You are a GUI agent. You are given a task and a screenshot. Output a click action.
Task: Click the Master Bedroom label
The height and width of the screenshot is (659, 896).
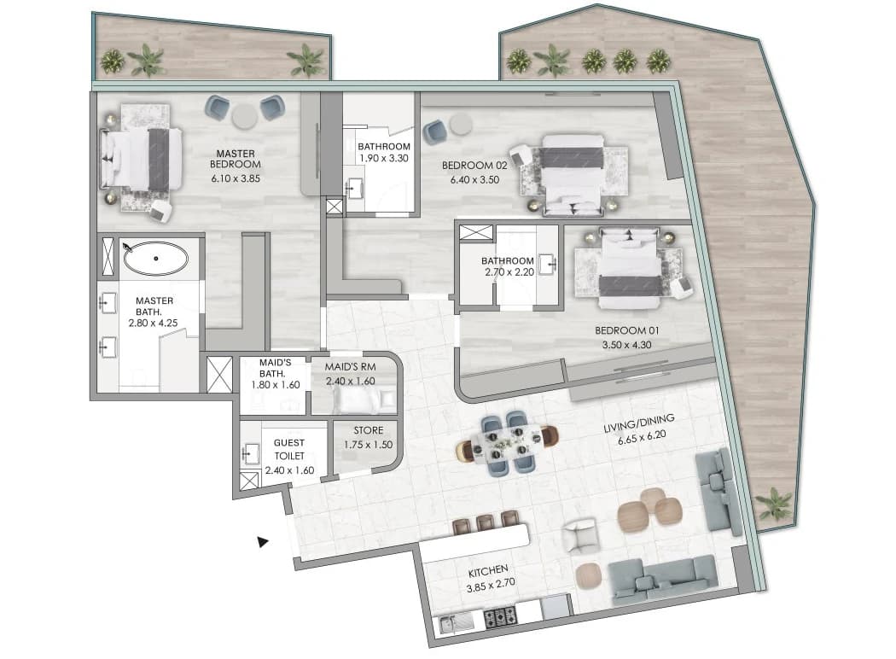pyautogui.click(x=236, y=159)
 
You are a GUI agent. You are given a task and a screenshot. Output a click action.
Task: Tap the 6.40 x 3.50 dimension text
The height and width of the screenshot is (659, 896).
pyautogui.click(x=474, y=179)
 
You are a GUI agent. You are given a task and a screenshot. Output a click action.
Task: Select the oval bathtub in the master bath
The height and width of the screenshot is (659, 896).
pyautogui.click(x=155, y=259)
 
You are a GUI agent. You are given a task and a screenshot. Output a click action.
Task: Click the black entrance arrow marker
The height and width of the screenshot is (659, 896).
pyautogui.click(x=262, y=541)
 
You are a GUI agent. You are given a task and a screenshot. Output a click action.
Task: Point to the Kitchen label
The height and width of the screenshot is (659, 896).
pyautogui.click(x=488, y=571)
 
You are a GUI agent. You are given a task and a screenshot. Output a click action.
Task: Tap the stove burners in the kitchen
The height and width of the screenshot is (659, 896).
pyautogui.click(x=501, y=615)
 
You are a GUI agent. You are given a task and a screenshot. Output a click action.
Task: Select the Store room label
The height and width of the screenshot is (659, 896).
pyautogui.click(x=369, y=430)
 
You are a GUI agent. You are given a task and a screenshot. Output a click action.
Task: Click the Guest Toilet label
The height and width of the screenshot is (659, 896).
pyautogui.click(x=289, y=449)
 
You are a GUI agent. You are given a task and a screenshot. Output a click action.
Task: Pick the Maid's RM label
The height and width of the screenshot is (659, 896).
pyautogui.click(x=350, y=367)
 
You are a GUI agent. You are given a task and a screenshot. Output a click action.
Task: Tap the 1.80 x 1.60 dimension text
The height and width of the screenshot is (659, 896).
pyautogui.click(x=276, y=385)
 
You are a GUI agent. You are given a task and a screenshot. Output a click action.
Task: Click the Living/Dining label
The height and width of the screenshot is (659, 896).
pyautogui.click(x=639, y=423)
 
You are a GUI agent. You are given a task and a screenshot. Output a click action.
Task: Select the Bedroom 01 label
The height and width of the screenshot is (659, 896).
pyautogui.click(x=627, y=330)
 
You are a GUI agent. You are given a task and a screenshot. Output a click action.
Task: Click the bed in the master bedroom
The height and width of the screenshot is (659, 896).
pyautogui.click(x=142, y=158)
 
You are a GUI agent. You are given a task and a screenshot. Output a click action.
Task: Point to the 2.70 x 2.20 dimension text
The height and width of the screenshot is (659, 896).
pyautogui.click(x=509, y=272)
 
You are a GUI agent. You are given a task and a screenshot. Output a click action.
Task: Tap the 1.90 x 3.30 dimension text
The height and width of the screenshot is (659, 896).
pyautogui.click(x=384, y=158)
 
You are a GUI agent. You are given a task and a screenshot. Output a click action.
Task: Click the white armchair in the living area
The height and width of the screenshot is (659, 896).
pyautogui.click(x=579, y=535)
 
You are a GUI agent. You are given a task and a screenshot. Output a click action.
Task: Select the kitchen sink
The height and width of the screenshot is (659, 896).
pyautogui.click(x=456, y=621)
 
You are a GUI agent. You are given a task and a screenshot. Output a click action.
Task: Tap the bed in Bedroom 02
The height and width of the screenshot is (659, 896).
pyautogui.click(x=573, y=175)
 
